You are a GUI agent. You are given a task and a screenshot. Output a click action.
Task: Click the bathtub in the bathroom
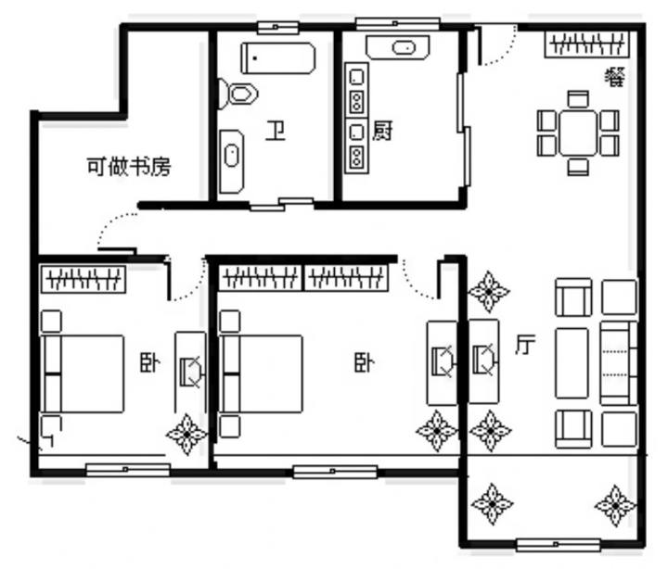278,57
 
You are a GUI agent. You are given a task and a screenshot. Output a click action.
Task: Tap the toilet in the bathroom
238,94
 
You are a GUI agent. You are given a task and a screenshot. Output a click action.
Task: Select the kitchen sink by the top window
397,47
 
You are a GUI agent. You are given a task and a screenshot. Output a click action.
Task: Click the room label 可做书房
129,167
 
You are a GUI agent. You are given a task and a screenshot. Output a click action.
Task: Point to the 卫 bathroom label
276,131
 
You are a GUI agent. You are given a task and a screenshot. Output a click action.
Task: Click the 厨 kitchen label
382,131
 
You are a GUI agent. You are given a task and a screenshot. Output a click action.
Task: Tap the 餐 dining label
615,78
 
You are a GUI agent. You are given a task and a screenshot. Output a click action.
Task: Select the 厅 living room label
525,345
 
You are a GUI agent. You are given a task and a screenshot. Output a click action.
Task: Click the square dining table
578,133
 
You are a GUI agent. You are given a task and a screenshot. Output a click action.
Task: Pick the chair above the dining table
578,99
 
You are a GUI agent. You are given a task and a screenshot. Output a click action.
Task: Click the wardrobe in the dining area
587,44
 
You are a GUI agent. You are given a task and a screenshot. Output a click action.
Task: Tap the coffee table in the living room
572,363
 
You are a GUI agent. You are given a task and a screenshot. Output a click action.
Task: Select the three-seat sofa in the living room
619,363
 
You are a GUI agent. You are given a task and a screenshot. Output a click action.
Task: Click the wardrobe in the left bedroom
83,279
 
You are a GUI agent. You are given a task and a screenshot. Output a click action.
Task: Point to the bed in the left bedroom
83,374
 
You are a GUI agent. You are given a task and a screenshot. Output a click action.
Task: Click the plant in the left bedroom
186,434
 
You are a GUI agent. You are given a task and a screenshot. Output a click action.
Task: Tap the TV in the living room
484,361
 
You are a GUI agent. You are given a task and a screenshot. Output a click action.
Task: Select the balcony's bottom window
559,545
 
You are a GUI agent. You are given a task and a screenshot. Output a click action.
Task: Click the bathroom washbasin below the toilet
232,162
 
